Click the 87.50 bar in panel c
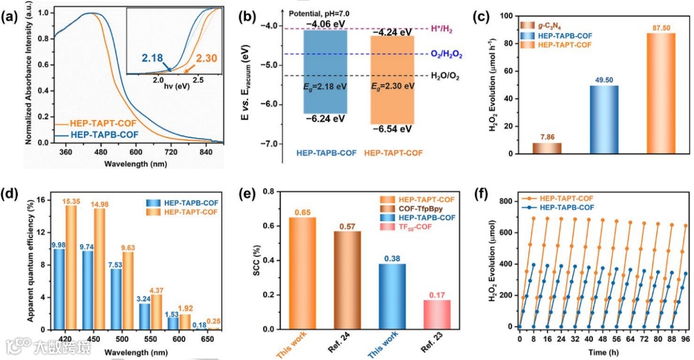click(x=661, y=93)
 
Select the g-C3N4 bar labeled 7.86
click(x=547, y=148)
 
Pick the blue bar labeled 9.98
click(x=59, y=288)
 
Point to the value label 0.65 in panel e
click(x=302, y=211)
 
